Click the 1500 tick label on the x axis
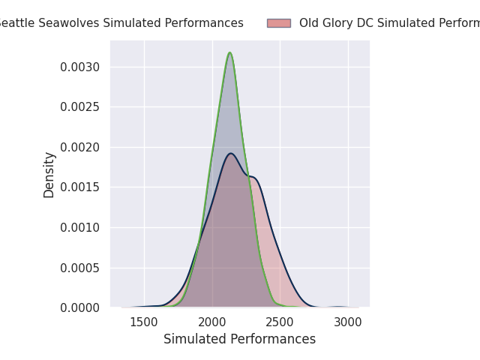coord(144,323)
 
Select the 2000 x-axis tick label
coord(212,323)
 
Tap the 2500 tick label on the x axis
coord(280,323)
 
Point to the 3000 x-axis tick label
coord(348,323)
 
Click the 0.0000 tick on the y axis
coord(80,307)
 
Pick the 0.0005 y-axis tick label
coord(80,268)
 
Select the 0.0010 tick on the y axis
coord(80,227)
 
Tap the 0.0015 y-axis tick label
coord(80,187)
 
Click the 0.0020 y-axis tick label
coord(80,147)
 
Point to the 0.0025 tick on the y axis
coord(80,106)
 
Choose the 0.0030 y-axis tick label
coord(80,67)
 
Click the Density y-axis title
coord(49,174)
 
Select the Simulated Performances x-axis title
coord(239,339)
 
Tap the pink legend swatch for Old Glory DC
coord(278,23)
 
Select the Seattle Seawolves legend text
coord(120,23)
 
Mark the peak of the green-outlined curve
coord(229,52)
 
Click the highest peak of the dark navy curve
coord(231,154)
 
